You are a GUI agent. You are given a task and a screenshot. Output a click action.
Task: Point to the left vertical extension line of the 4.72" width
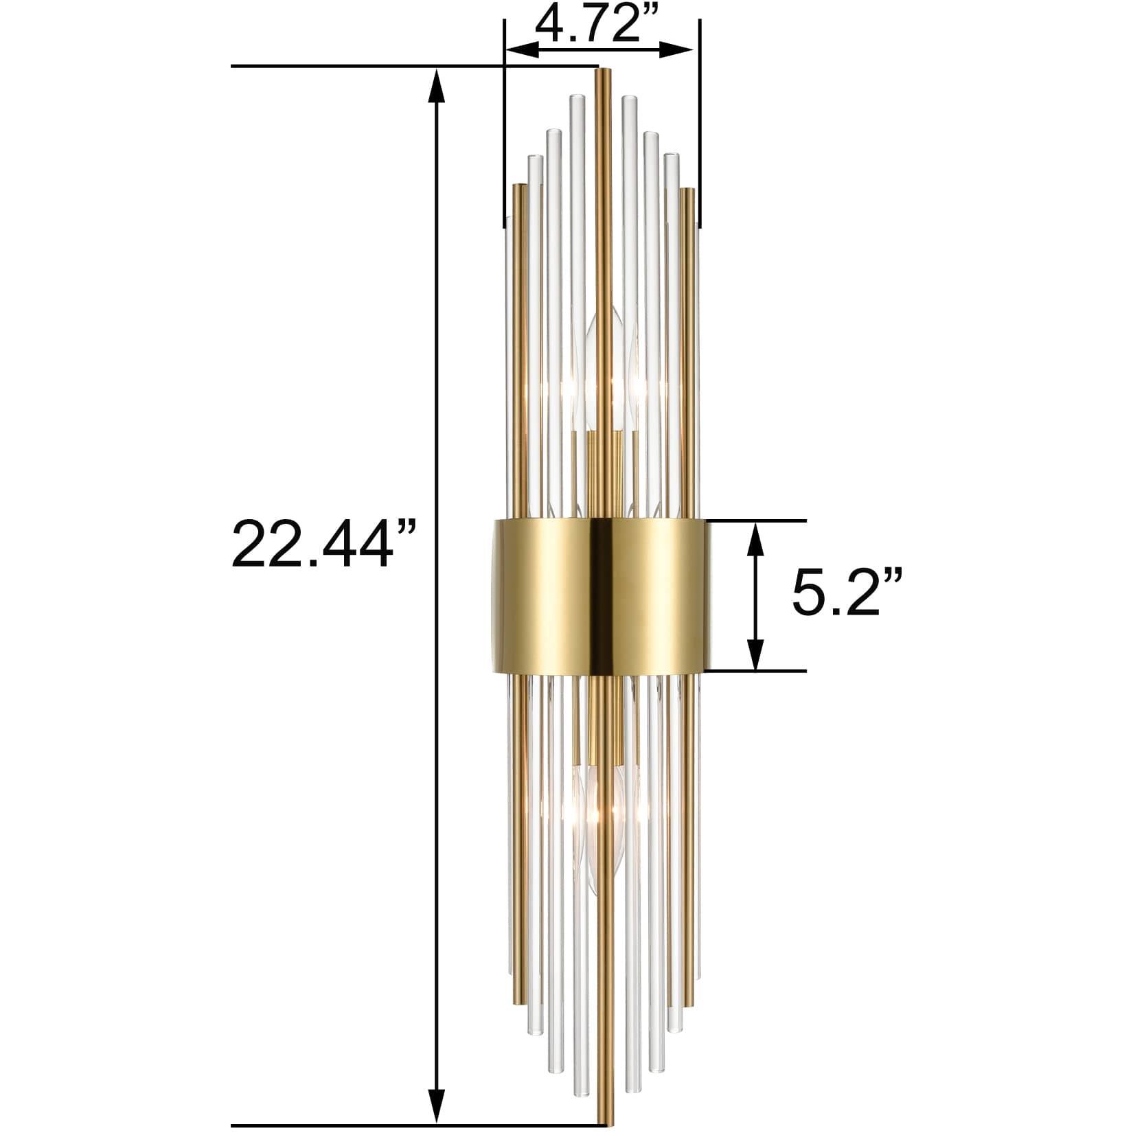[x=504, y=124]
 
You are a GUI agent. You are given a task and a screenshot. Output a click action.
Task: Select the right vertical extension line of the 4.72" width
[x=700, y=124]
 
